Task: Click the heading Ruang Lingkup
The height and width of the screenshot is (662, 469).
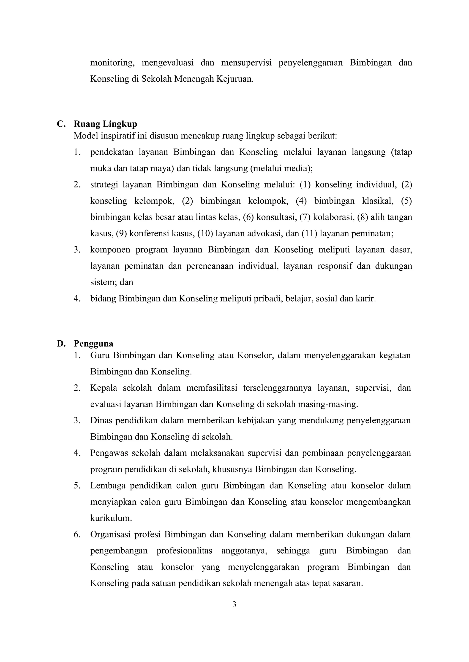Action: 105,124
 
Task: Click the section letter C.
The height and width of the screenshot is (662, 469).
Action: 61,124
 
